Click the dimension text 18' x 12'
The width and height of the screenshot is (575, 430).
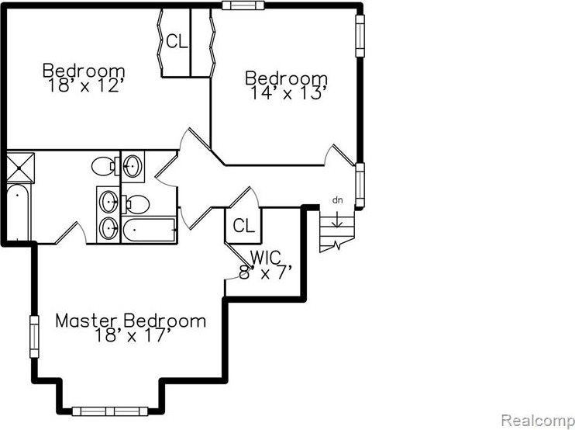point(84,86)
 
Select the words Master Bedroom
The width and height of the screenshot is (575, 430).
point(130,321)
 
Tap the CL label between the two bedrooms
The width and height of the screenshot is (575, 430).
point(177,41)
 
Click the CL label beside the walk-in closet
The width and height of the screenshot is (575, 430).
point(243,225)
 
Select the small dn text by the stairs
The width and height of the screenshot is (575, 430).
point(337,200)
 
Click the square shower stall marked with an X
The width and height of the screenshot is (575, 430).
point(20,168)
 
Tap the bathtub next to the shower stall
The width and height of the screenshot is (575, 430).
point(19,212)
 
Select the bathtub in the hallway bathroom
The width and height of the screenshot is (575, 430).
point(149,230)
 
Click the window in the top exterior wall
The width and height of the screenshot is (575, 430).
point(243,5)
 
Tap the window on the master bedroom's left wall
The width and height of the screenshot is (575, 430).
point(34,337)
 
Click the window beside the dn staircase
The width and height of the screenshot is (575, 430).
point(360,186)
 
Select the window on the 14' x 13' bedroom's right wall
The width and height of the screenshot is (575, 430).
point(360,36)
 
